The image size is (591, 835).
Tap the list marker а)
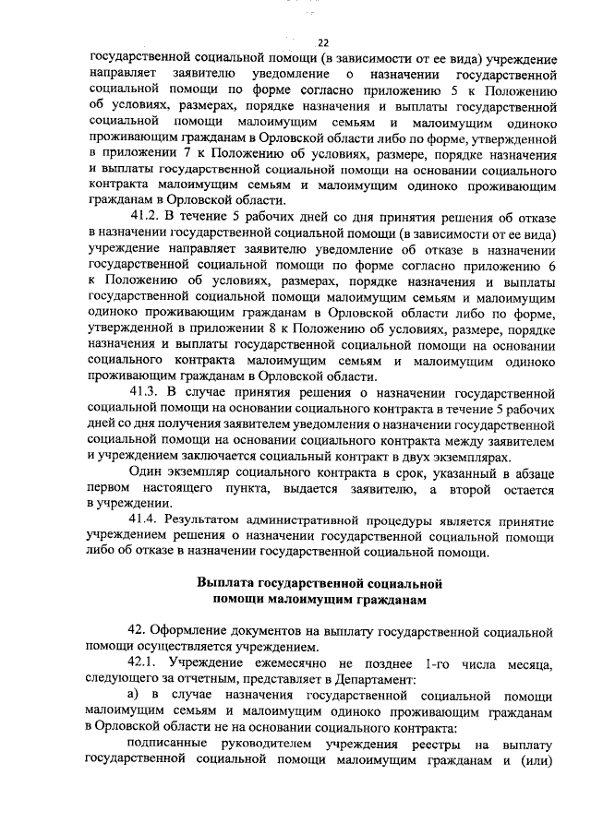(x=134, y=696)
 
